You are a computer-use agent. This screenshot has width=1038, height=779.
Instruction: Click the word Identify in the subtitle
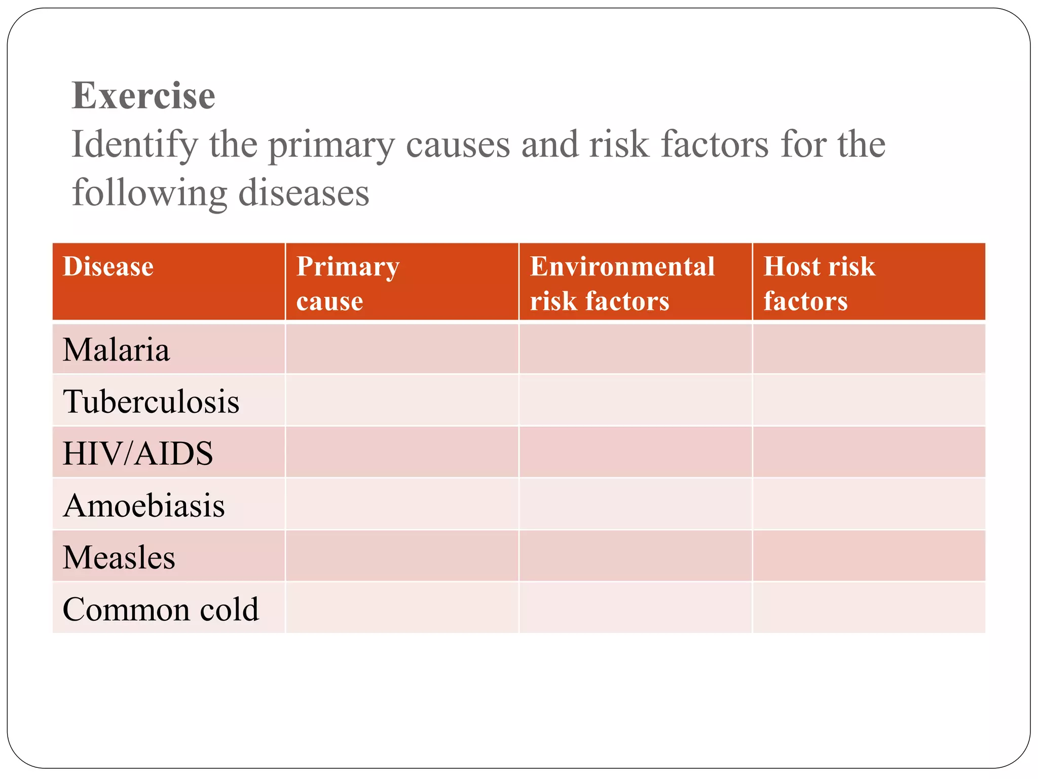pyautogui.click(x=134, y=145)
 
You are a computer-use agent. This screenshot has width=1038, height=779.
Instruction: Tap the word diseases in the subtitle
pyautogui.click(x=304, y=194)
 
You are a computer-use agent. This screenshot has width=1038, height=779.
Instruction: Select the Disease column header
pyautogui.click(x=108, y=267)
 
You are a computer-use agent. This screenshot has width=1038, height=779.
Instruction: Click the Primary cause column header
pyautogui.click(x=348, y=283)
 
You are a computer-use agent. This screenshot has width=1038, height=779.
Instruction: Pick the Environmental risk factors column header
pyautogui.click(x=622, y=283)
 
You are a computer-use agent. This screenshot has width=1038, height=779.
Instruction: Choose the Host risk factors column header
pyautogui.click(x=819, y=283)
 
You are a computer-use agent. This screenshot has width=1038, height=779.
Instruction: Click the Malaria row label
pyautogui.click(x=116, y=350)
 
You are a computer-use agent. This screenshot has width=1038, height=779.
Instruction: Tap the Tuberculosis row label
pyautogui.click(x=151, y=402)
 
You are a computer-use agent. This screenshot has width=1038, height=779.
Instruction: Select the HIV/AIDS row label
pyautogui.click(x=138, y=453)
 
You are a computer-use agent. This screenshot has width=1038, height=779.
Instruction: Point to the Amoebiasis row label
pyautogui.click(x=144, y=506)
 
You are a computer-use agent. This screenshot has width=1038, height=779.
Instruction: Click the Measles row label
pyautogui.click(x=119, y=557)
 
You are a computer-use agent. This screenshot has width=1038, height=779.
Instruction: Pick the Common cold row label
pyautogui.click(x=161, y=609)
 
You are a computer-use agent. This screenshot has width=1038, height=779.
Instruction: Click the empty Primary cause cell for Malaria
pyautogui.click(x=402, y=349)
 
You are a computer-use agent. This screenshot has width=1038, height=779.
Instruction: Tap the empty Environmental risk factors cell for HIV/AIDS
pyautogui.click(x=635, y=452)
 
